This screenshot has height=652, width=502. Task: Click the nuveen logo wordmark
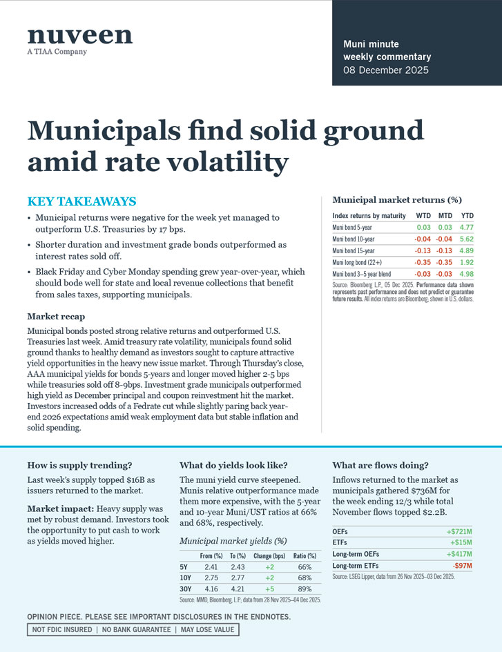[x=79, y=36]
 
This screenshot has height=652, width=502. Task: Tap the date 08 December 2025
[x=386, y=70]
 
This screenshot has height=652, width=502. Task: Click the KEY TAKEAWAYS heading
[x=81, y=201]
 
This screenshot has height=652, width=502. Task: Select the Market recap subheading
[x=56, y=316]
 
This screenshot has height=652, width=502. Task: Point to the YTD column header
[x=467, y=216]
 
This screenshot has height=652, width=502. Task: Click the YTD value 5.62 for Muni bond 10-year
[x=467, y=239]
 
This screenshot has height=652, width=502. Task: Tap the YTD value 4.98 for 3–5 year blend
[x=467, y=275]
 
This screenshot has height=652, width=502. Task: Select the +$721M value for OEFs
[x=458, y=532]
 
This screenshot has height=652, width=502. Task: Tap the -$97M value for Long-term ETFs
[x=461, y=566]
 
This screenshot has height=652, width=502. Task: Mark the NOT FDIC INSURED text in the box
[x=60, y=629]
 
